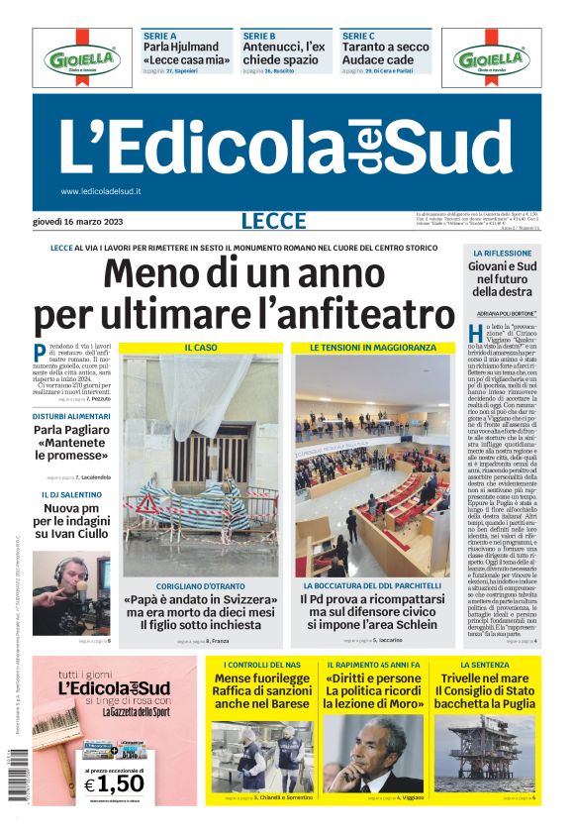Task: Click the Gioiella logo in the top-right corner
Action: [491, 59]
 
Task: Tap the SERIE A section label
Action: [160, 36]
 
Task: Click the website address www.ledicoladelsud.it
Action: [101, 191]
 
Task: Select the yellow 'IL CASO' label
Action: [201, 348]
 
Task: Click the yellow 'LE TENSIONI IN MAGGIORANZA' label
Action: [372, 348]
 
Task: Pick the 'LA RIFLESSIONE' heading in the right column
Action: [501, 255]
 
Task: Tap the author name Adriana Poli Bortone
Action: [507, 313]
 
